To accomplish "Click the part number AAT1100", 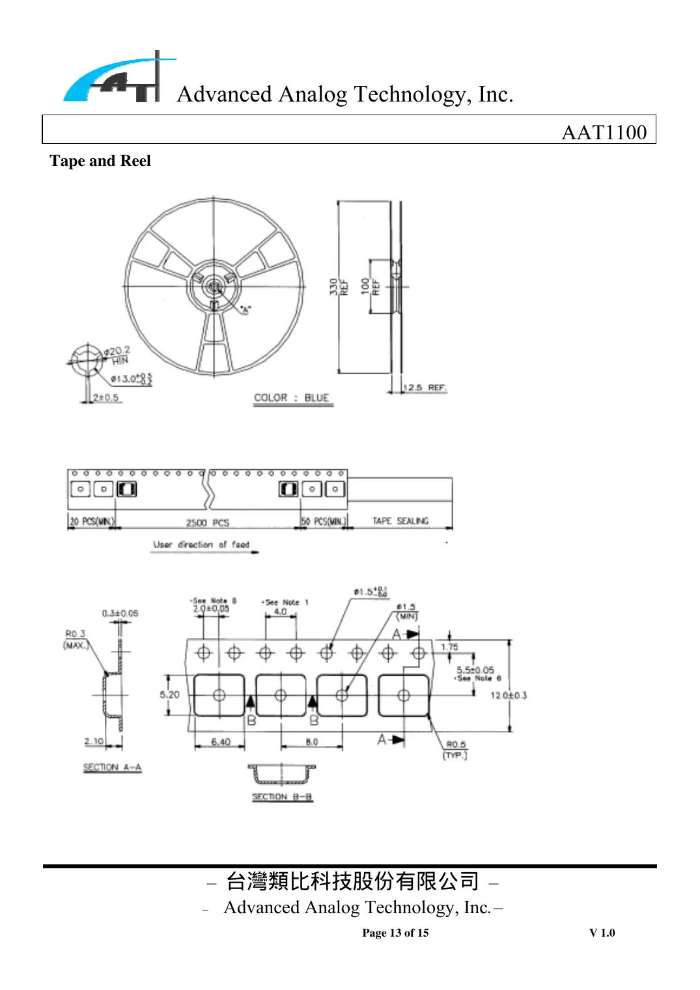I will (604, 132).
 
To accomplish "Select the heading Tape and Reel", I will (100, 161).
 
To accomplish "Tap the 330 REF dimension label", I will (338, 287).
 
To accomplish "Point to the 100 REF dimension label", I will (370, 286).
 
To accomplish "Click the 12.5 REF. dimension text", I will (424, 387).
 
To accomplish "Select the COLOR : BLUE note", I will (292, 398).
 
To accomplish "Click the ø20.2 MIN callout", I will (118, 355).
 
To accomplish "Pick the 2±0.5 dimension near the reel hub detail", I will (105, 397).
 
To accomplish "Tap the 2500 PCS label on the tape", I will (207, 523).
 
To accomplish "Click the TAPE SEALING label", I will (400, 521).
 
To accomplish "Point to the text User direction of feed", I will (201, 544).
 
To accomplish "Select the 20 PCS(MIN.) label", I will (92, 521).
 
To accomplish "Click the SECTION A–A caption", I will (112, 767).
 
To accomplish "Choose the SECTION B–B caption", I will (282, 797).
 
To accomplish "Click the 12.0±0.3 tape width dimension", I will (508, 695).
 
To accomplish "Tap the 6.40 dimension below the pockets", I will (220, 741).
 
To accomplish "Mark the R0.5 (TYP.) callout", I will (455, 749).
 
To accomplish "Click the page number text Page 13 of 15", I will (395, 933).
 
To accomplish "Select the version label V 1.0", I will (602, 933).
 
